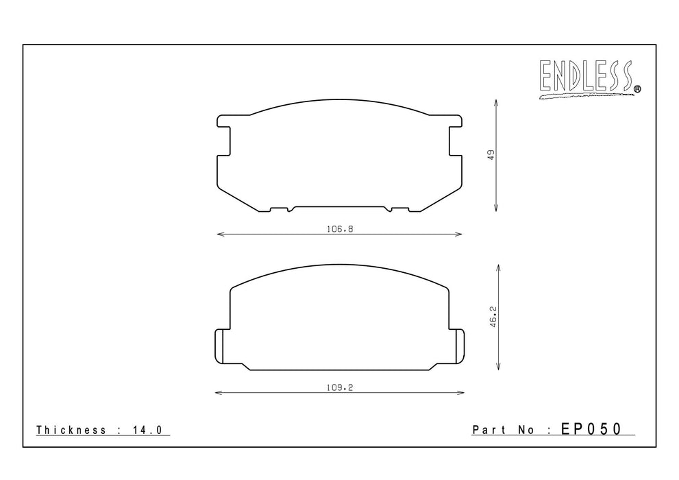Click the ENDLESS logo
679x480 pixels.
[589, 79]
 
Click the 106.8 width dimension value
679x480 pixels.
[340, 229]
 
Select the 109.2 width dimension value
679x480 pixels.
[340, 387]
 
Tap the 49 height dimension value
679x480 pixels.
[491, 155]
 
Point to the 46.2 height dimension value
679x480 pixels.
[493, 317]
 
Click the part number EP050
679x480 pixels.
[591, 429]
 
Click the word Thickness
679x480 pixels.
[71, 430]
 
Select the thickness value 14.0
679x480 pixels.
[147, 430]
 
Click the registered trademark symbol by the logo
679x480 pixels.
[637, 89]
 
